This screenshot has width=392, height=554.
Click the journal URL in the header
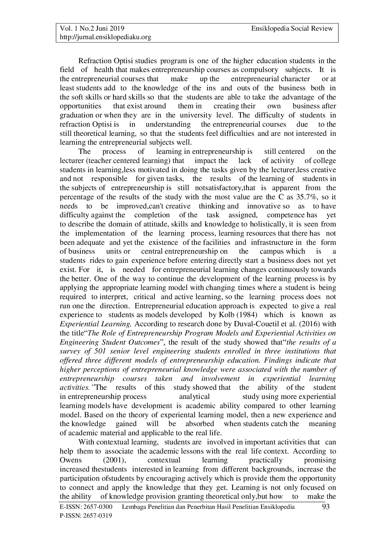coord(106,37)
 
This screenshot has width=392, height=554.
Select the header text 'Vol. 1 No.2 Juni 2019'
coord(92,29)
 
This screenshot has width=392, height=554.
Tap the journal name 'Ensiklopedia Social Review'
coord(292,29)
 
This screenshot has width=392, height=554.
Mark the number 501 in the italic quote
coord(98,351)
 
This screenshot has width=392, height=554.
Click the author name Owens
coord(71,460)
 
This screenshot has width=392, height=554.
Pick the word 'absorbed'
coord(199,424)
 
